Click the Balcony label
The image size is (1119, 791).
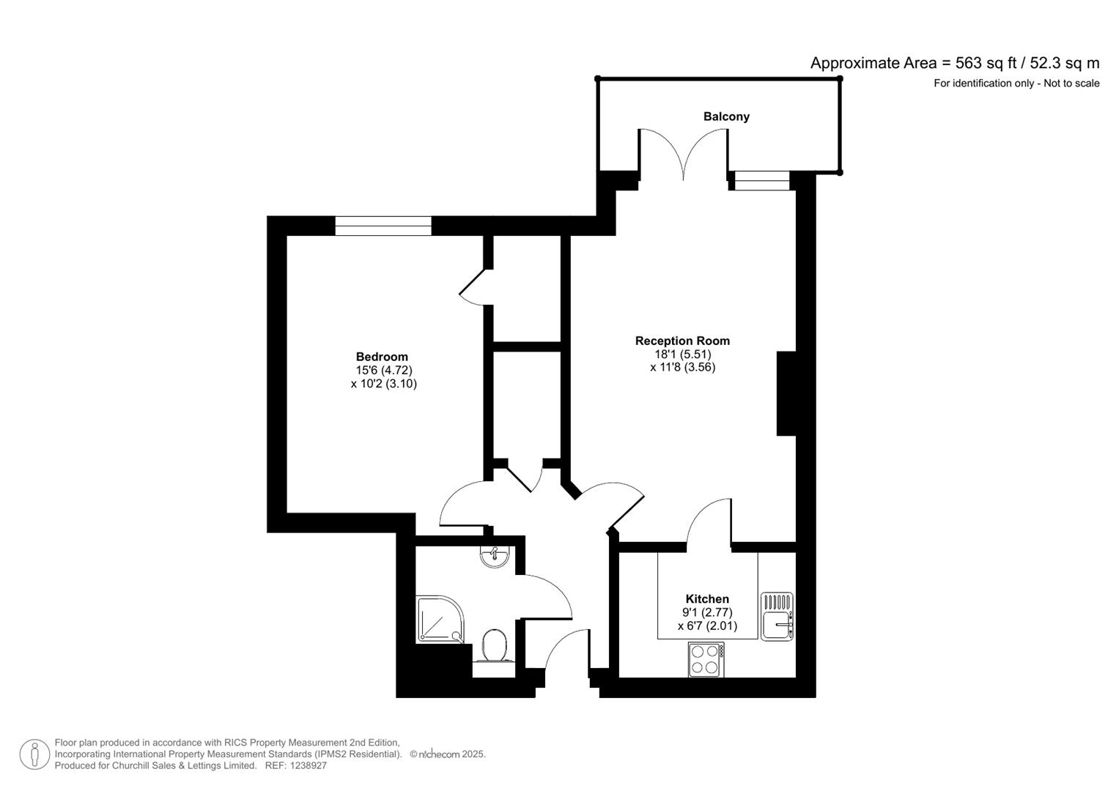click(725, 116)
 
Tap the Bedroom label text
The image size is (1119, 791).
click(382, 357)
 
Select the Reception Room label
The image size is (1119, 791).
click(682, 341)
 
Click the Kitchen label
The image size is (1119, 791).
click(706, 598)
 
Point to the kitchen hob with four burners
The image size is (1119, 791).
click(706, 659)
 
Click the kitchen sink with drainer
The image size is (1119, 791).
click(776, 616)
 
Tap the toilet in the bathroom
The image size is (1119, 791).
click(495, 646)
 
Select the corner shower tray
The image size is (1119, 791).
click(440, 620)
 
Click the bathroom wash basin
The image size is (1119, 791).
click(495, 556)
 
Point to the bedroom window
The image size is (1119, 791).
click(383, 226)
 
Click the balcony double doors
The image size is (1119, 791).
click(683, 154)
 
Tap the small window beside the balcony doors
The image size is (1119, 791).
click(761, 180)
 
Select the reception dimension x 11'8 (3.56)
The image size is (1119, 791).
click(682, 367)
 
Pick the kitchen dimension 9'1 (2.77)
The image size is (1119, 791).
click(706, 612)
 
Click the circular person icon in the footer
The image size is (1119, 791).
click(34, 754)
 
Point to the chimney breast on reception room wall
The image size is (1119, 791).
click(786, 394)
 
